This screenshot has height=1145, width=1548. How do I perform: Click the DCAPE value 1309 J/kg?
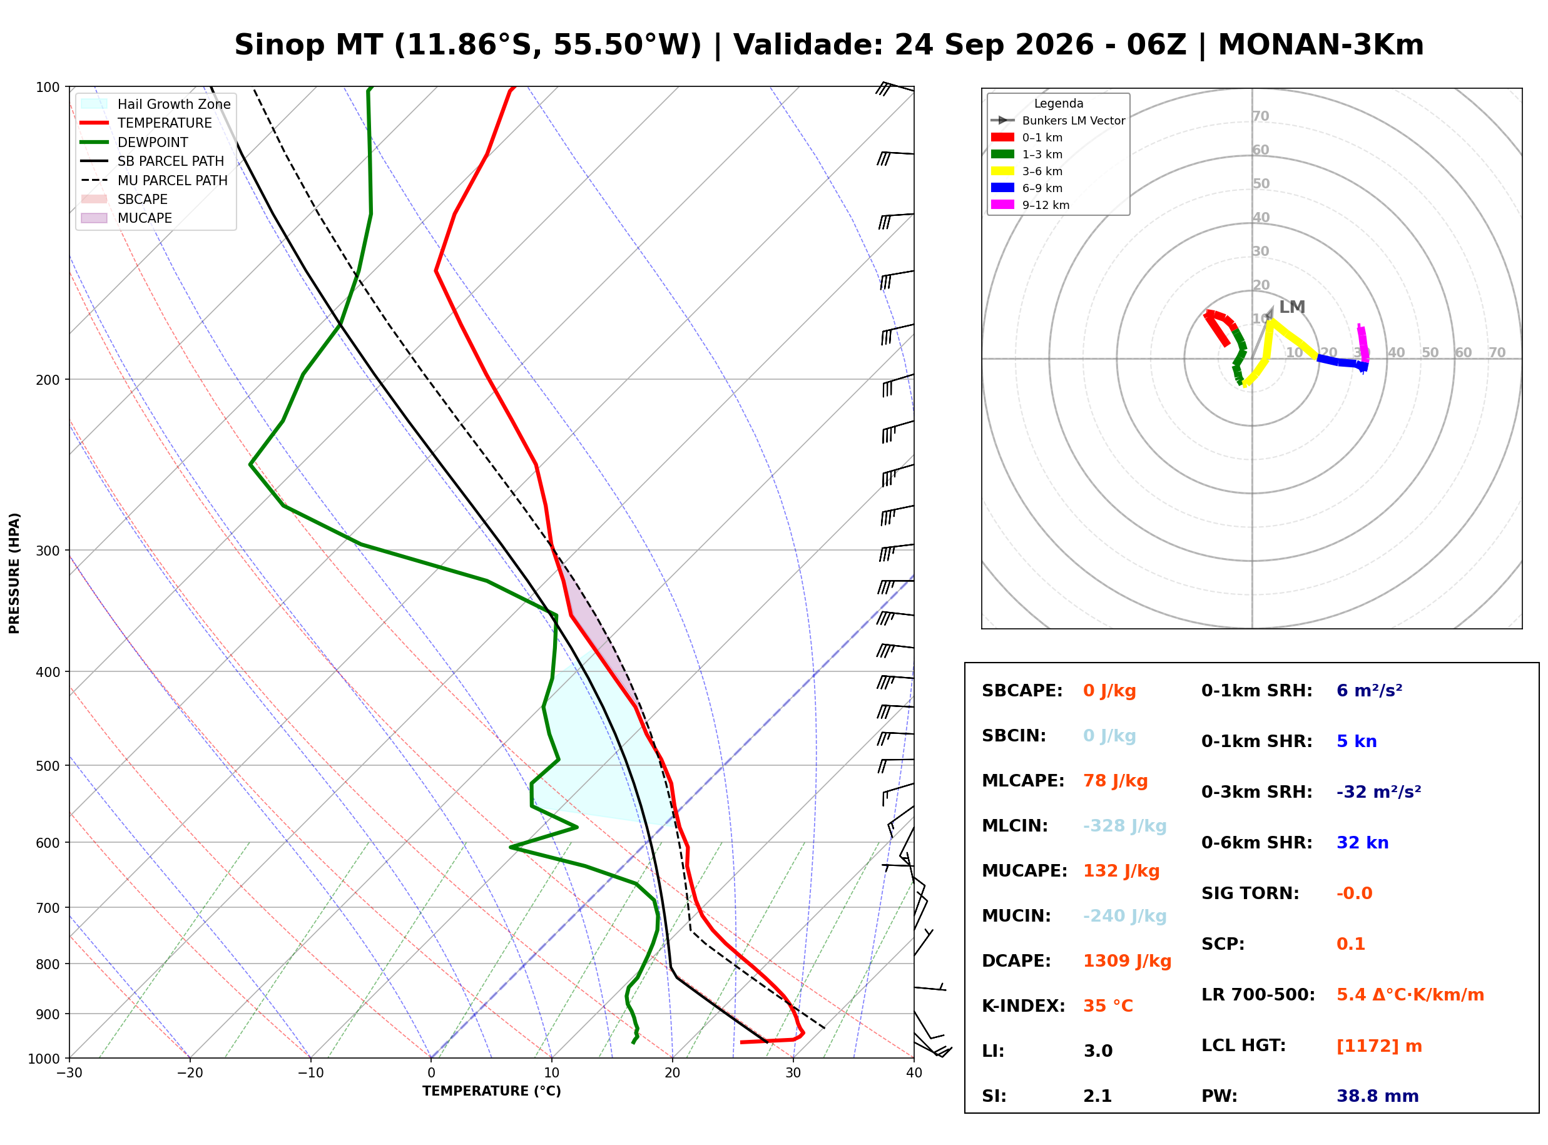coord(1128,961)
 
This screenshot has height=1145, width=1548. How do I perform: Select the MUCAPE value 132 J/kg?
coord(1121,871)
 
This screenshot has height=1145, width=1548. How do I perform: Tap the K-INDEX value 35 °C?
coord(1108,1006)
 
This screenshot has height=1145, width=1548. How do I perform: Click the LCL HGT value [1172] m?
coord(1379,1046)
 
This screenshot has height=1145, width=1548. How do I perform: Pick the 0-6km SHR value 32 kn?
coord(1362,843)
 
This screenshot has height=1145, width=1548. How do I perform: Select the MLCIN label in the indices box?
coord(1014,826)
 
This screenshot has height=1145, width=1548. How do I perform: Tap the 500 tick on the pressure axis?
coord(49,766)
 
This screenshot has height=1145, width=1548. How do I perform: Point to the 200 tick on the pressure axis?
coord(49,380)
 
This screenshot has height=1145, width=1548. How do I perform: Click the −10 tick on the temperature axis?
coord(310,1074)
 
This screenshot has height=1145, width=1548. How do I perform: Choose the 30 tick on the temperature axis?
coord(793,1074)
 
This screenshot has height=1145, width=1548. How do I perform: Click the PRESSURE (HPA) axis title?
coord(14,573)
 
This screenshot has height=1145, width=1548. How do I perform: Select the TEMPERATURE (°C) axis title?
coord(491,1092)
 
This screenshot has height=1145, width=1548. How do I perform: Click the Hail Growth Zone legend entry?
coord(156,104)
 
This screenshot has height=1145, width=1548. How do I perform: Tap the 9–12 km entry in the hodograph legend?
coord(1030,205)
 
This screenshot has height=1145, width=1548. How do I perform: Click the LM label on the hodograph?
coord(1291,307)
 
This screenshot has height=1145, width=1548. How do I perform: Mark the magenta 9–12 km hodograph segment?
coord(1362,342)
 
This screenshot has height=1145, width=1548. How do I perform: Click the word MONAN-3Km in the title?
coord(1321,45)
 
